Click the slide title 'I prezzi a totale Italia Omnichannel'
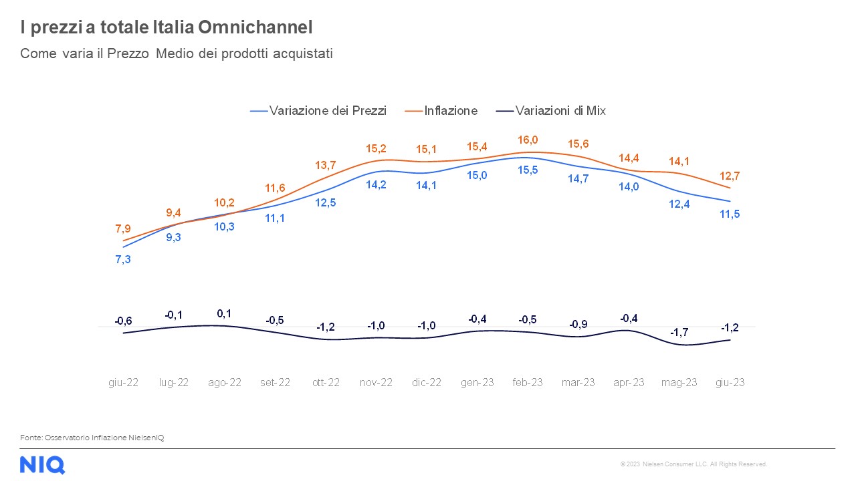pos(167,28)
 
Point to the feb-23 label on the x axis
pos(528,383)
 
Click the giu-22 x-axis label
pos(124,383)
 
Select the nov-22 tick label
pos(376,383)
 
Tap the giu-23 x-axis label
pos(730,383)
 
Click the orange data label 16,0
pos(528,140)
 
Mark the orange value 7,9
pos(124,228)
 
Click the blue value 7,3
pos(124,259)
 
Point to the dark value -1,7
pos(679,332)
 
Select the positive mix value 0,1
pos(224,313)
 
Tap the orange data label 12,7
pos(730,176)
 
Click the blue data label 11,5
pos(730,214)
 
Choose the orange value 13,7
pos(325,165)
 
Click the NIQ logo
pos(42,464)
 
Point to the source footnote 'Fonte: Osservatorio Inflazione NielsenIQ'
pos(92,438)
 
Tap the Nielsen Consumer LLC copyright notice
pos(693,464)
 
